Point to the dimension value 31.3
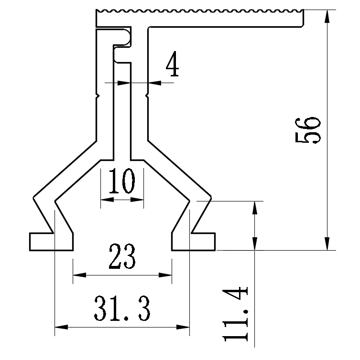pos(122,308)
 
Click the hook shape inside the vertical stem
pos(123,45)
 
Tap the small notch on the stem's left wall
pos(98,96)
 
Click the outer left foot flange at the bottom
pos(41,241)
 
